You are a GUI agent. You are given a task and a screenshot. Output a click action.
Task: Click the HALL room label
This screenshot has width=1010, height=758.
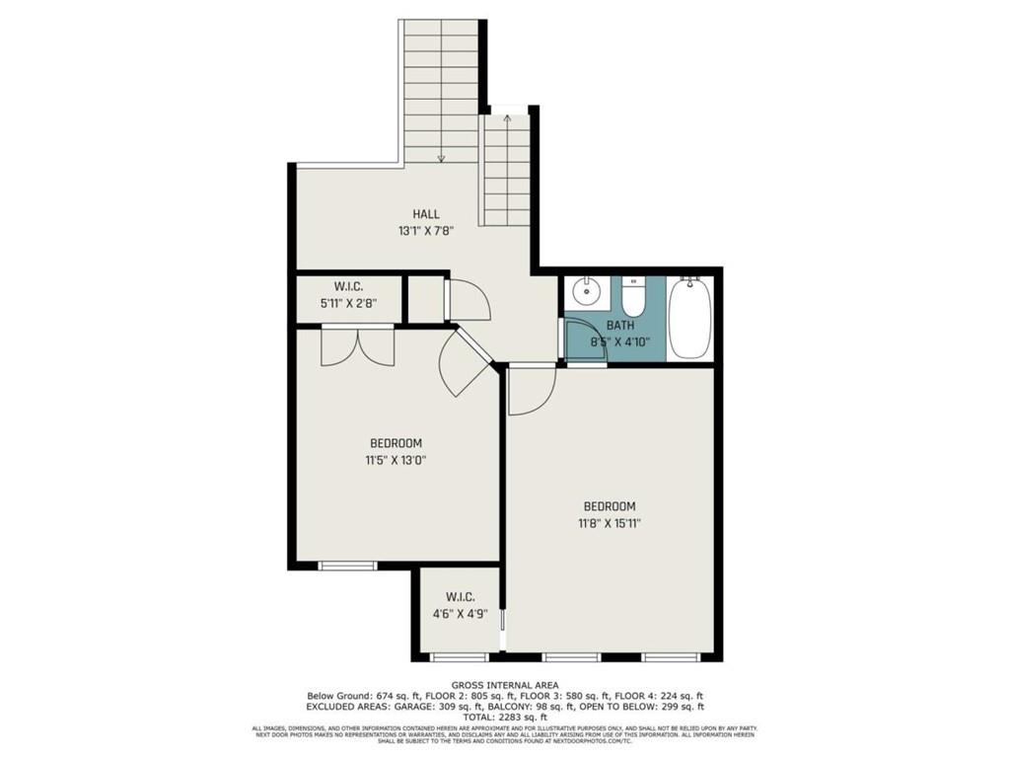[x=426, y=214]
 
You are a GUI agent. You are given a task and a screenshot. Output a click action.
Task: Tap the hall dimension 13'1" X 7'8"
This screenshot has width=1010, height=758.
[x=426, y=232]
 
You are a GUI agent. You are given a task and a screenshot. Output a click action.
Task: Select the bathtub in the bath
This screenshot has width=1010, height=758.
[x=687, y=321]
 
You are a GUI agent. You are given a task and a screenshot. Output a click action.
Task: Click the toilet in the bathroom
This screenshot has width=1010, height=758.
[x=633, y=295]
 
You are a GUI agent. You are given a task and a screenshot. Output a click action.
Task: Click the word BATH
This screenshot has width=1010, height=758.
[x=620, y=325]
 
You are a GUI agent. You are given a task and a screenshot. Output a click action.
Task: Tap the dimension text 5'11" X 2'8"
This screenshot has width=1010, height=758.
[x=349, y=304]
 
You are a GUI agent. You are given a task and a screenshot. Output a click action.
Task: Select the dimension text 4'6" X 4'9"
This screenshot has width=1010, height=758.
[x=461, y=613]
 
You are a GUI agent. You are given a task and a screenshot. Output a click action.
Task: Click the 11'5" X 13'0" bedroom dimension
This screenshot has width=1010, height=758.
[x=397, y=459]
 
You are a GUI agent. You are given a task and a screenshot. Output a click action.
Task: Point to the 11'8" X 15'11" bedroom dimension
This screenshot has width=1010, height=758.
[x=610, y=523]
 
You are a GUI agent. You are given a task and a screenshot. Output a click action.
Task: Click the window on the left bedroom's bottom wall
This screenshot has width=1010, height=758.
[x=347, y=566]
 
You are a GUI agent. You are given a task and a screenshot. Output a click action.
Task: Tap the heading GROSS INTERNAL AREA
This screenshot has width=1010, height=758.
[x=504, y=685]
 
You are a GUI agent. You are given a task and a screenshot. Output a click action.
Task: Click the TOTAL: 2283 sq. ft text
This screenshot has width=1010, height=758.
[x=504, y=718]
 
